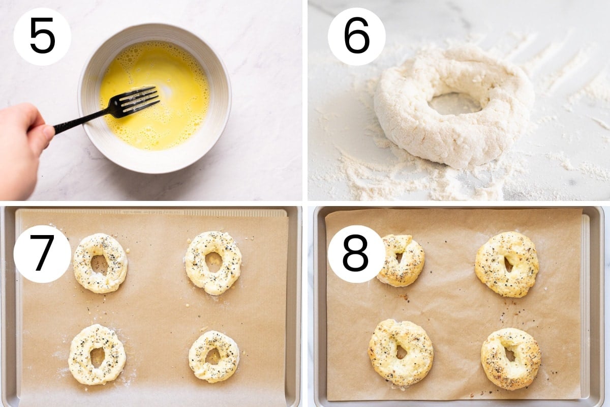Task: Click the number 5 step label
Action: click(x=43, y=36)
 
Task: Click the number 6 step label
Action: click(x=357, y=36)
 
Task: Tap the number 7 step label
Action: click(x=42, y=253)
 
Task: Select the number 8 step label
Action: click(x=356, y=253)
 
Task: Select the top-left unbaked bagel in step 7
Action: click(x=100, y=263)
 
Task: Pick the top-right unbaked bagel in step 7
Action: click(x=213, y=263)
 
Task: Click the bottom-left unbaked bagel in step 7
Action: click(x=97, y=355)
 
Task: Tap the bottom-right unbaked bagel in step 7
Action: click(x=214, y=357)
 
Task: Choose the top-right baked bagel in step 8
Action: click(x=507, y=265)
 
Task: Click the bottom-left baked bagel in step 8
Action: click(x=401, y=353)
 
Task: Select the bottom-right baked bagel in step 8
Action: click(x=511, y=359)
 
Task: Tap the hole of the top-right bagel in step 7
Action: click(x=213, y=260)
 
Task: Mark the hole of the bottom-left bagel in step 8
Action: click(x=401, y=352)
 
